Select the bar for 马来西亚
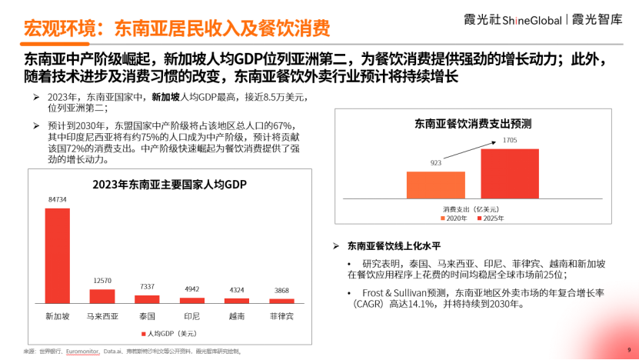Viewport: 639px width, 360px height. (x=102, y=295)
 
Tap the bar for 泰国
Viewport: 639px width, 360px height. (x=147, y=298)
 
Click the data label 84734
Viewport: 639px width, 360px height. (x=57, y=199)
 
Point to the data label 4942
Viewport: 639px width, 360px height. (x=191, y=289)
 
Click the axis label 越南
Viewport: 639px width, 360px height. (x=237, y=315)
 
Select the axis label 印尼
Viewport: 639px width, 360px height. (x=191, y=315)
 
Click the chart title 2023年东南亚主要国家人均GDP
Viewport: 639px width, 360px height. (x=169, y=184)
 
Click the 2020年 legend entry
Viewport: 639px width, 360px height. (x=454, y=218)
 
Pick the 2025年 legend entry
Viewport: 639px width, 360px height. (x=491, y=218)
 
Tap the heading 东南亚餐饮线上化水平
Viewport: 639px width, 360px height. (x=393, y=246)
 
